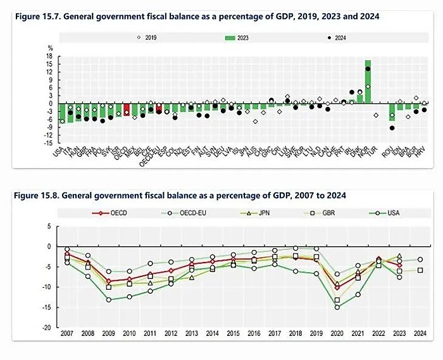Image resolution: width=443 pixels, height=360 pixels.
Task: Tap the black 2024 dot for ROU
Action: click(392, 127)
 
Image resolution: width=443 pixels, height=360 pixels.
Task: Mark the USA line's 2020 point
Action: click(337, 307)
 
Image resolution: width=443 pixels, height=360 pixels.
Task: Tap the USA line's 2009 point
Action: click(108, 299)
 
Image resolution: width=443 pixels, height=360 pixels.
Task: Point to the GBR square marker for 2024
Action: click(420, 270)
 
